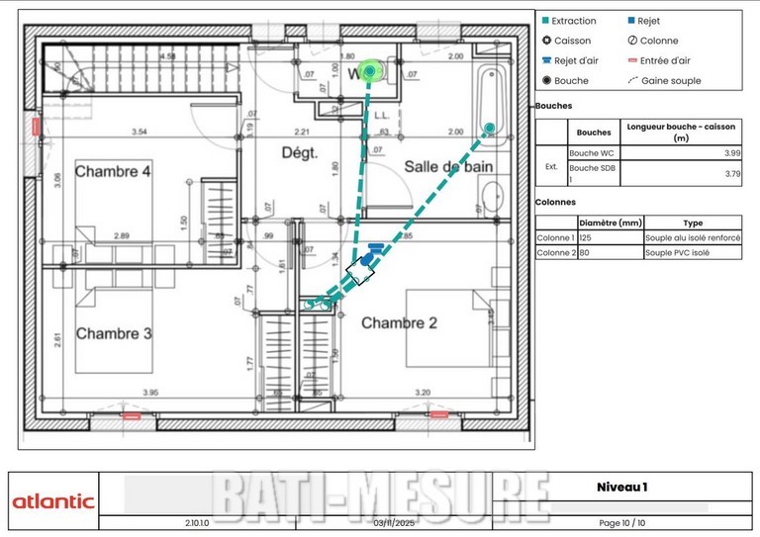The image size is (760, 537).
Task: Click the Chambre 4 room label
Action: tap(113, 171)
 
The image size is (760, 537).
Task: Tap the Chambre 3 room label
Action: tap(113, 333)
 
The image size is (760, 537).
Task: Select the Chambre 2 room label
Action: tap(399, 323)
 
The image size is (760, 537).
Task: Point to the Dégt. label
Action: tap(299, 153)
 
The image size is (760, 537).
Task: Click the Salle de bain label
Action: tap(448, 167)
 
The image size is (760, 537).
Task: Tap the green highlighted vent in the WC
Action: tap(370, 70)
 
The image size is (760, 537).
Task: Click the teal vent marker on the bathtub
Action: tap(489, 128)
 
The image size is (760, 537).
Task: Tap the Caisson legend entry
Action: tap(566, 41)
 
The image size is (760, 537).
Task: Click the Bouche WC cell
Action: tap(592, 153)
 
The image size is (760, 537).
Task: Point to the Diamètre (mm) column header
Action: tap(611, 224)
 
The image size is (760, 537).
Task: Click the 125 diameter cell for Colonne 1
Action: tap(586, 238)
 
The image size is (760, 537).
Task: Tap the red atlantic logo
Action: tap(53, 501)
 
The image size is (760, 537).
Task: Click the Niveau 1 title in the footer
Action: tap(621, 487)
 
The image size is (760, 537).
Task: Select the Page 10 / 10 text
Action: tap(621, 522)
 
